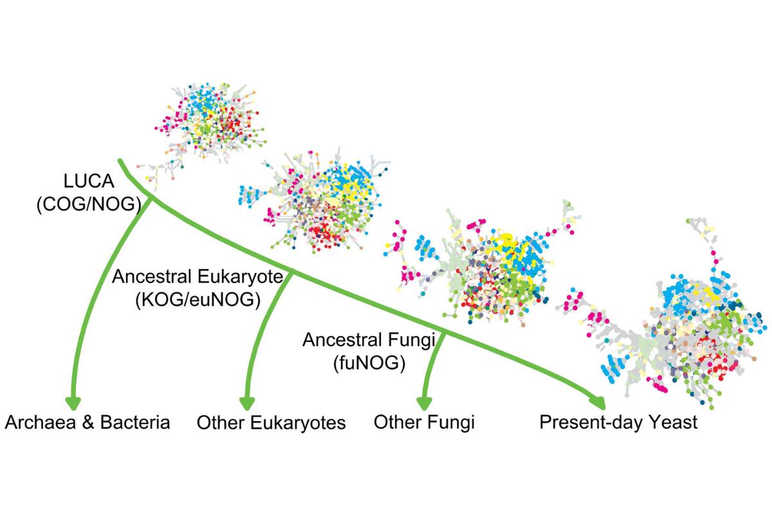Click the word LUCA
(89, 181)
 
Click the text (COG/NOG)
(89, 204)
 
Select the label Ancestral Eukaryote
(198, 277)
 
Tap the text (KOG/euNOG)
(198, 300)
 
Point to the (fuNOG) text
(369, 363)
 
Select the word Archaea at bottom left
(41, 422)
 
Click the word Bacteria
(135, 422)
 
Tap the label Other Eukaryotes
(271, 423)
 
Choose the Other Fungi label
(424, 422)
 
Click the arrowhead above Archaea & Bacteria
(73, 403)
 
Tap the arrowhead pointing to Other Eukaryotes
(247, 404)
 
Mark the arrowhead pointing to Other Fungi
(424, 404)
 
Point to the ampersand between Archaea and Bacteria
(88, 422)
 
